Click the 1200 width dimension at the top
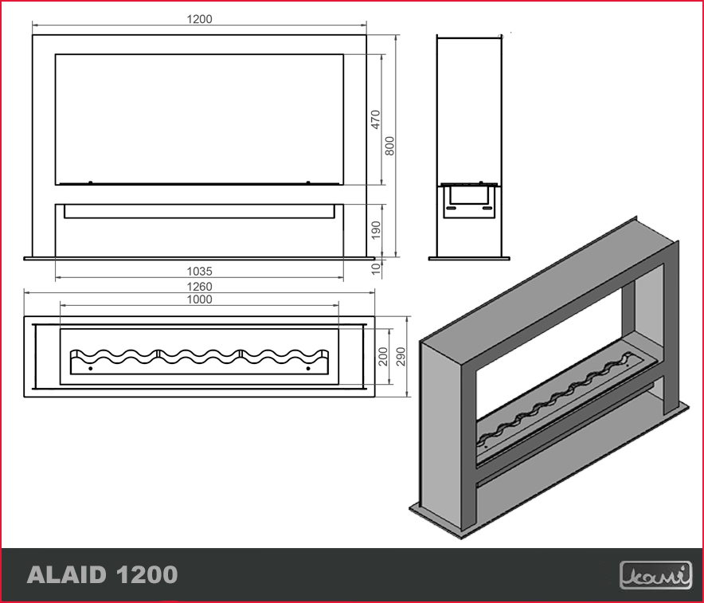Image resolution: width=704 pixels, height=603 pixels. [x=200, y=19]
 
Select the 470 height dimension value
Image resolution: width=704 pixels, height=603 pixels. [x=376, y=119]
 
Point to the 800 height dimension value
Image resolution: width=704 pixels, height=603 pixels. [x=390, y=146]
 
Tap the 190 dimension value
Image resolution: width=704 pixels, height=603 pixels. [x=376, y=230]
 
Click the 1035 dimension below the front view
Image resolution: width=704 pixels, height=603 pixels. [x=199, y=272]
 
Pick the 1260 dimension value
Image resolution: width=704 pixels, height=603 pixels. [x=199, y=287]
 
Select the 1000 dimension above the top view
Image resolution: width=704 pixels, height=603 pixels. [x=199, y=300]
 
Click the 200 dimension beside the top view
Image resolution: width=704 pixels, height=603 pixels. [x=382, y=356]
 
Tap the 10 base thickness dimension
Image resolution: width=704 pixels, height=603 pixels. [x=376, y=268]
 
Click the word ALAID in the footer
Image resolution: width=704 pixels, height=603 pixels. [x=69, y=574]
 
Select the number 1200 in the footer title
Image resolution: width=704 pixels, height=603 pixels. [x=147, y=574]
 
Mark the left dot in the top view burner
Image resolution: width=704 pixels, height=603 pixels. [x=90, y=369]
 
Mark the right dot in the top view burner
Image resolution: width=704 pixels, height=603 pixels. [x=308, y=369]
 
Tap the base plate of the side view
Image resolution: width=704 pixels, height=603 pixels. [x=469, y=258]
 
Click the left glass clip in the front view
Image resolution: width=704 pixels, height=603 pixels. [x=90, y=182]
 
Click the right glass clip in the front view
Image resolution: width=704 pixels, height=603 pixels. [x=308, y=182]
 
